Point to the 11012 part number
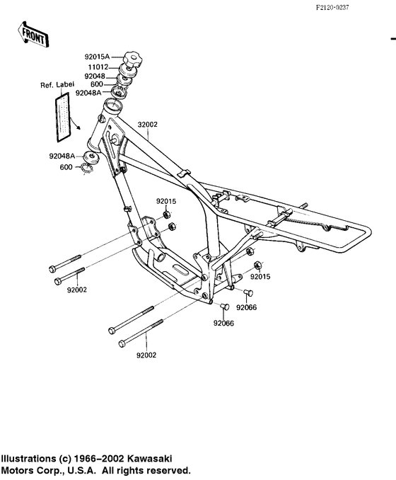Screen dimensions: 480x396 pos(98,67)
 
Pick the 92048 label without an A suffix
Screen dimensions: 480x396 pos(95,75)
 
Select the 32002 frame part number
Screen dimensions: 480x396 pos(147,125)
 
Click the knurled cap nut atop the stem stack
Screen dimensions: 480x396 pos(132,57)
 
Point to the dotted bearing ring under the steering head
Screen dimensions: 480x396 pos(86,168)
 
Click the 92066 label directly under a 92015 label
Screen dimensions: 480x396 pos(247,307)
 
